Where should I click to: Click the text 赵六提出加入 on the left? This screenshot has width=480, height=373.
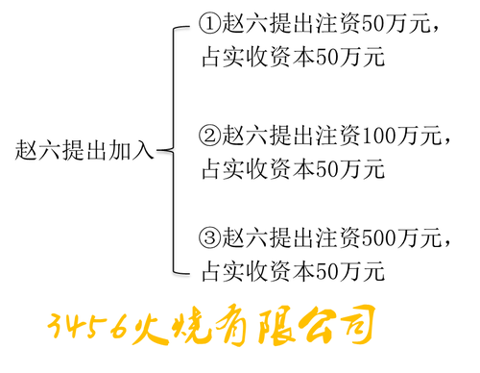pos(85,150)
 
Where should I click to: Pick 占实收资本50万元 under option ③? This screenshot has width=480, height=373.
pos(293,268)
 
